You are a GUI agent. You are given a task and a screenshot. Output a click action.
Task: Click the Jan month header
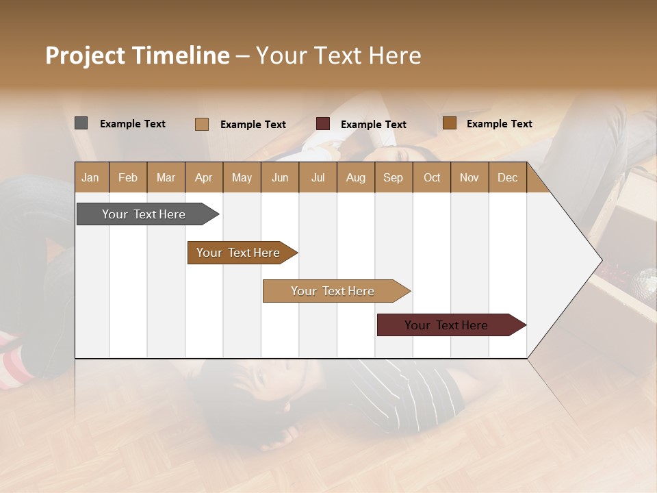click(x=91, y=177)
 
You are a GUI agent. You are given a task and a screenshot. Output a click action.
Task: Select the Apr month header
click(x=204, y=177)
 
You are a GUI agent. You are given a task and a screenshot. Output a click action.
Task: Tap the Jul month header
click(x=318, y=177)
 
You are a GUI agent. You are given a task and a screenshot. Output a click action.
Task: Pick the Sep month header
click(x=394, y=177)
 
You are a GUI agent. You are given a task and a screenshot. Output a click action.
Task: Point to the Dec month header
click(x=507, y=177)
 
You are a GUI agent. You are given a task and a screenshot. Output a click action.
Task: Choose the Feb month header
click(x=128, y=177)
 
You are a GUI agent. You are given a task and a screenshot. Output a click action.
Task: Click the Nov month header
click(x=469, y=177)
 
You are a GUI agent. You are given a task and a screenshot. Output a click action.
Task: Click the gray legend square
click(x=81, y=123)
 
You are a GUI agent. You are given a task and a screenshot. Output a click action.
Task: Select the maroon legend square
click(x=323, y=124)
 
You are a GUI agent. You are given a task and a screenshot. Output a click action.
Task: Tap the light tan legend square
click(x=202, y=124)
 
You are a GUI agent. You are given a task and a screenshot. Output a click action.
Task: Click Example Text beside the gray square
click(x=133, y=124)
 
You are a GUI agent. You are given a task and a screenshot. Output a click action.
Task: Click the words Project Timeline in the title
click(x=137, y=55)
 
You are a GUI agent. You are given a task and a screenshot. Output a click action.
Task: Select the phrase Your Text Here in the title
click(x=339, y=55)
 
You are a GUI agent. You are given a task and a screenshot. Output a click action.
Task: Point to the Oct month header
click(x=432, y=177)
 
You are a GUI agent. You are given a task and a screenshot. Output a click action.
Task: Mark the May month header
click(x=242, y=177)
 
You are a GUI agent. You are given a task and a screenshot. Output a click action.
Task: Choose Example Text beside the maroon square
click(x=374, y=125)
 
